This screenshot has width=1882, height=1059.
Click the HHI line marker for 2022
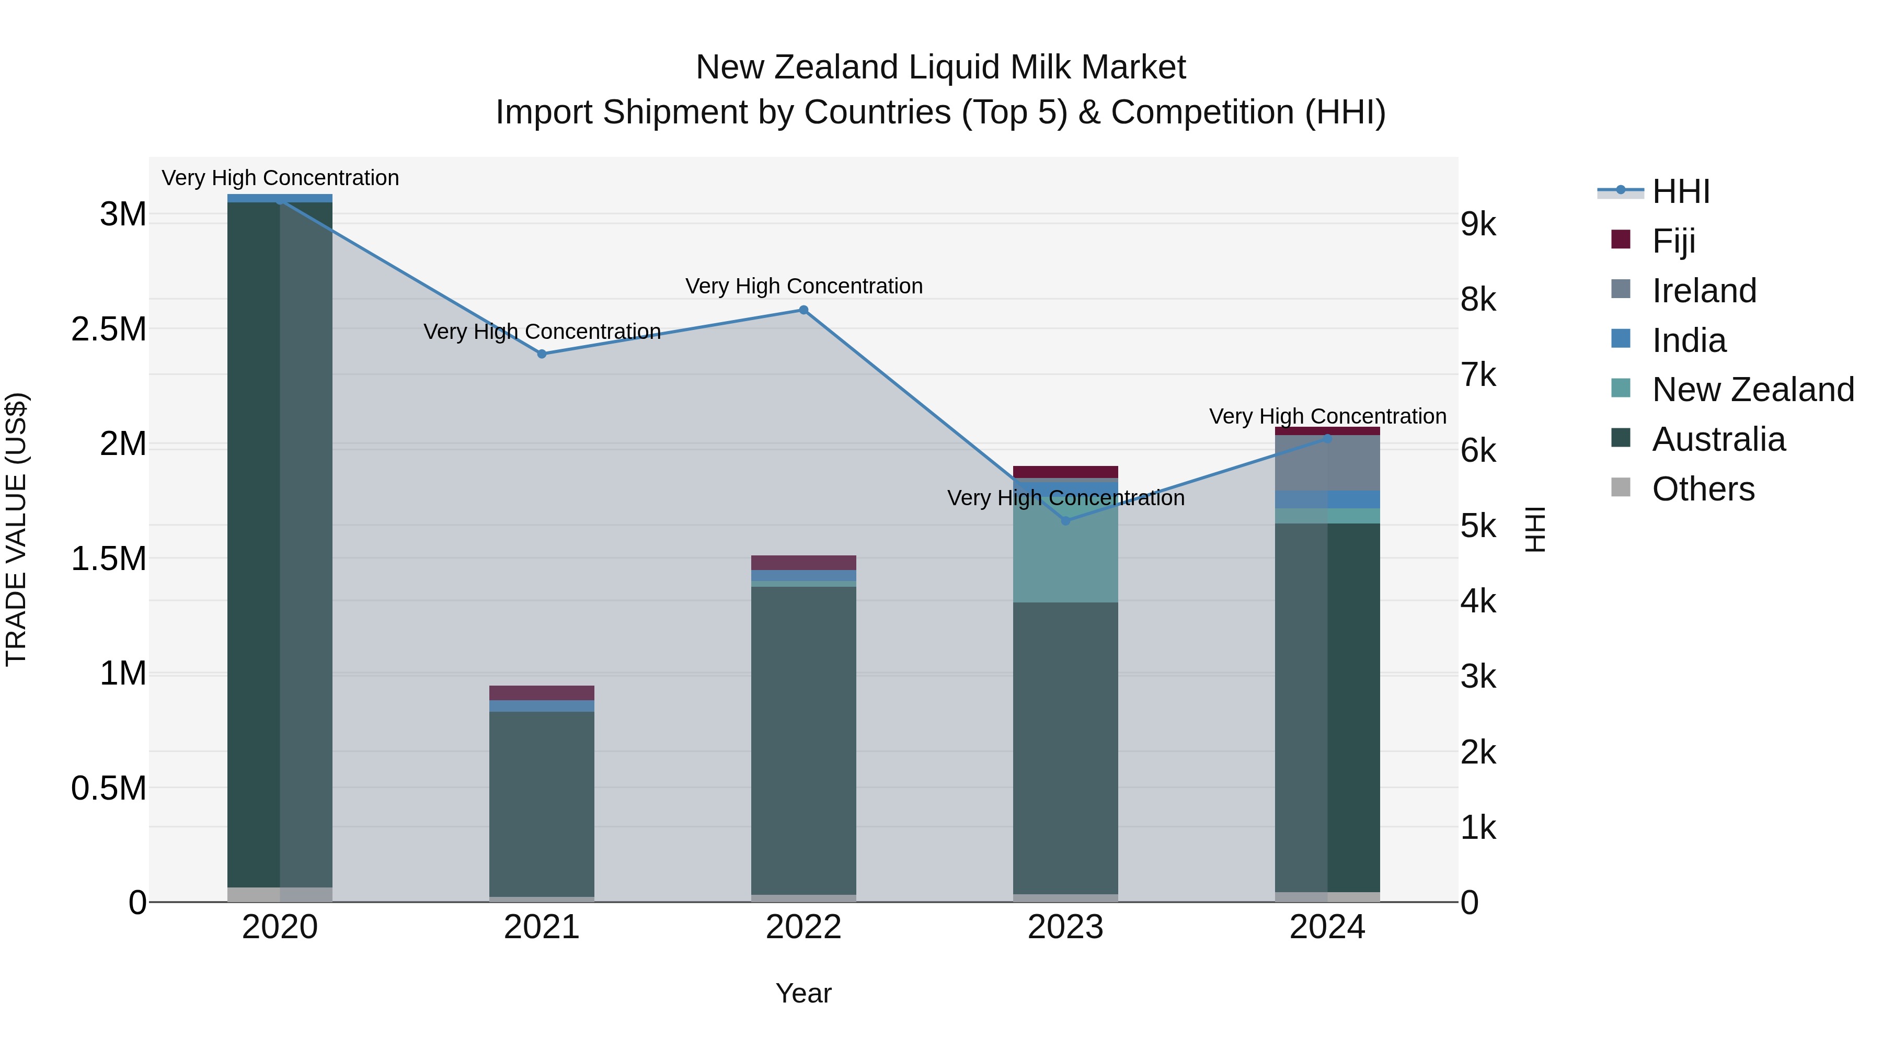804,310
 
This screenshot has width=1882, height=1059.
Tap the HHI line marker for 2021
542,354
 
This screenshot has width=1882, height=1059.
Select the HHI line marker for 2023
1065,520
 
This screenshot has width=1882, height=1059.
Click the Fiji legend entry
1673,241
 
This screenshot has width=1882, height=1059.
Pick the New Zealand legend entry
1752,390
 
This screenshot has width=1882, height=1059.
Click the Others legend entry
1702,489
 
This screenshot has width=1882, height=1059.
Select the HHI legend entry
1680,191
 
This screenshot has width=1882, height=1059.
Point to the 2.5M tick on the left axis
109,329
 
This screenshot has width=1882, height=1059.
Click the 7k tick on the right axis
1478,375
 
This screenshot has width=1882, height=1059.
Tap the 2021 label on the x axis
542,927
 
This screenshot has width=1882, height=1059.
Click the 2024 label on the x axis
1327,927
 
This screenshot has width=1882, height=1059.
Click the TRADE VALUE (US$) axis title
16,529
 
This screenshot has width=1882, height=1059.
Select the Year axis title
803,993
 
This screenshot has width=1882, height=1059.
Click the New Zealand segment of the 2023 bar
1065,555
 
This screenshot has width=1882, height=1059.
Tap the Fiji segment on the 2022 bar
804,562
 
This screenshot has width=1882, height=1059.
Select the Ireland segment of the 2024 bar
1327,463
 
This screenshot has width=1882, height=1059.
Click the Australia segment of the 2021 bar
542,804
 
